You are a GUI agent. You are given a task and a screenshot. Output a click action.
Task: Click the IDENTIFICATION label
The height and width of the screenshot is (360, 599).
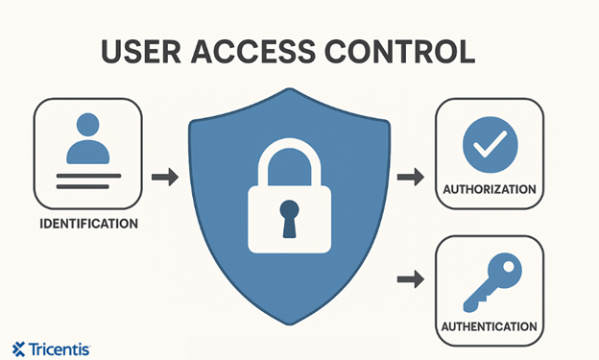coord(88,224)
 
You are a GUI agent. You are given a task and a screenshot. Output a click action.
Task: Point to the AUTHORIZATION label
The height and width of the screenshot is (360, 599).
coord(489,189)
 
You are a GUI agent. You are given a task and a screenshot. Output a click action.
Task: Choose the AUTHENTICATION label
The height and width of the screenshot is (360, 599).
coord(489,326)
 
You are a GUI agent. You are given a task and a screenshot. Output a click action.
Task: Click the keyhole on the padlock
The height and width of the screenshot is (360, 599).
coord(289,217)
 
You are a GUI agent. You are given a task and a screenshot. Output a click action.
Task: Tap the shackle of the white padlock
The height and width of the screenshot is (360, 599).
coord(289,158)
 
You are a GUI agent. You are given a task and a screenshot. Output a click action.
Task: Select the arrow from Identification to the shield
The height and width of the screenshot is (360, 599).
coord(165,177)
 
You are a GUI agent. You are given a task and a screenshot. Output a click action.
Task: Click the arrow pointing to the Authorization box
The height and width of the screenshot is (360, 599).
coord(410,178)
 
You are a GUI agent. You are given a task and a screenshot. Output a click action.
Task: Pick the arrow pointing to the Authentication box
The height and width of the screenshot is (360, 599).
coord(410,279)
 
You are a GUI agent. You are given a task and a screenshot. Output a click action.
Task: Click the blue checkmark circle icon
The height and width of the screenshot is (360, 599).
coord(490,145)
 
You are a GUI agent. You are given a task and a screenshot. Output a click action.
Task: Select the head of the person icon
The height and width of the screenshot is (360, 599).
coord(88,125)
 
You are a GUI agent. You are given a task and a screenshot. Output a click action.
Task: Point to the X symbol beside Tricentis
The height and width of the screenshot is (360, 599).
coord(19,348)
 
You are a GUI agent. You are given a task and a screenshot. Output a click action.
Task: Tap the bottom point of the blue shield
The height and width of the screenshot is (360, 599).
coord(288,321)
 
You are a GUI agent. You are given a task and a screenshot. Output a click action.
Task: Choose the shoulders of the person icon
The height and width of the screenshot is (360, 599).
coord(88,152)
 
